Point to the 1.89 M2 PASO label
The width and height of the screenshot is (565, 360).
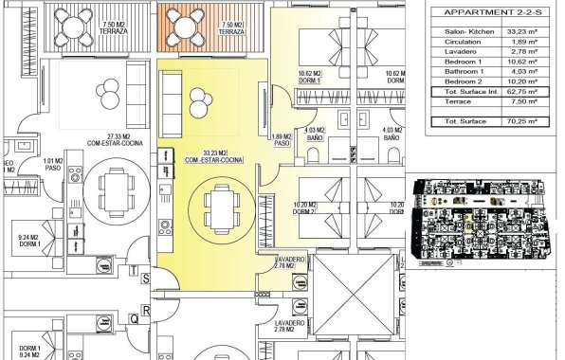point(282,139)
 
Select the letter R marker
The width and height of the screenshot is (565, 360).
point(146,310)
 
